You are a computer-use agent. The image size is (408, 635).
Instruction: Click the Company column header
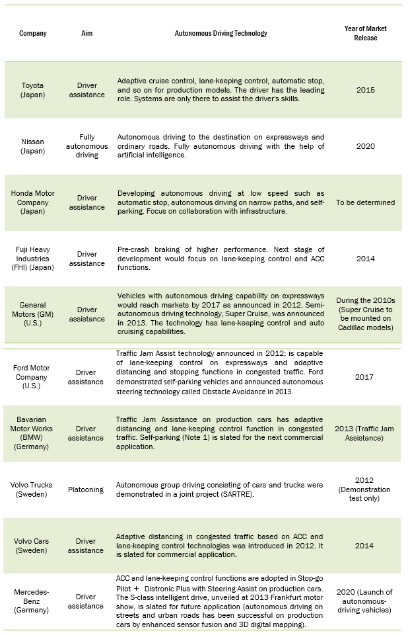pos(33,33)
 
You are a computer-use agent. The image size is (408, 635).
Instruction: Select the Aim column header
pos(86,33)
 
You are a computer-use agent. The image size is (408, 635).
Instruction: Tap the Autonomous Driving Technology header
pos(221,33)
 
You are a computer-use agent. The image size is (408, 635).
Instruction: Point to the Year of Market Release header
pos(365,33)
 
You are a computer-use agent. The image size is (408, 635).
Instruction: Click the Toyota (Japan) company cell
pos(33,90)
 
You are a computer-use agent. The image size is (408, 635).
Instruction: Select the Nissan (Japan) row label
pos(33,146)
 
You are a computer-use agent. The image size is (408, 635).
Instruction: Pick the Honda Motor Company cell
pos(33,202)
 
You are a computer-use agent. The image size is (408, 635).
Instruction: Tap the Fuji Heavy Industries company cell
pos(33,259)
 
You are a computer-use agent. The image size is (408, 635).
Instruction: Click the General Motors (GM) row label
pos(33,314)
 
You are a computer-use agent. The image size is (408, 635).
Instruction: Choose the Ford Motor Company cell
pos(33,377)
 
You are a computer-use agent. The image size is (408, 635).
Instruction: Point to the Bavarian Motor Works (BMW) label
pos(33,433)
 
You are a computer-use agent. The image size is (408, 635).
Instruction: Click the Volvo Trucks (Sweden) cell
pos(33,489)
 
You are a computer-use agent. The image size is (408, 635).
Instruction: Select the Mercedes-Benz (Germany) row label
pos(33,601)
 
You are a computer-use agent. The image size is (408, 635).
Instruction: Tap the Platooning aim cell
pos(86,489)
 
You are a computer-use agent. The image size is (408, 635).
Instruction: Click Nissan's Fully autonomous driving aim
pos(86,146)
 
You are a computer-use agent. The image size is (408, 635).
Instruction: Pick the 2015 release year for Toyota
pos(365,90)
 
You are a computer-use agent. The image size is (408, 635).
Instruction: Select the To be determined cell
pos(365,202)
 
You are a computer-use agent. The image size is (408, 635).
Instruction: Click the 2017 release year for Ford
pos(365,377)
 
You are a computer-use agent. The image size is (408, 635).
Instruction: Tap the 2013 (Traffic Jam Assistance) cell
pos(365,433)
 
